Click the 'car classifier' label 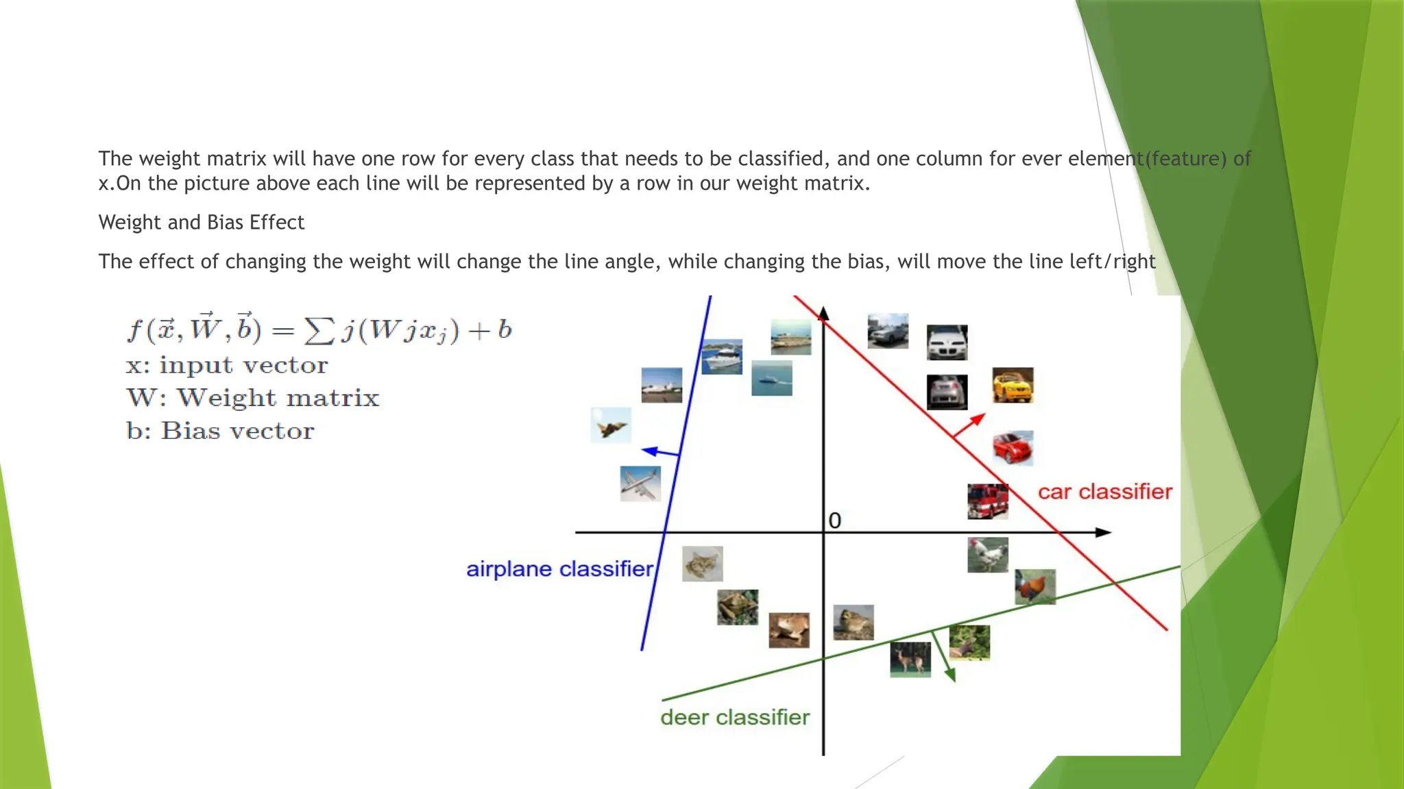(1104, 492)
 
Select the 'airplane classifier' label (559, 569)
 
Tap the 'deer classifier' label (734, 717)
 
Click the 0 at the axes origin (834, 521)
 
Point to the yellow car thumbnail (1013, 385)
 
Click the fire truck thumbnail (987, 501)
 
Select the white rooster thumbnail (987, 555)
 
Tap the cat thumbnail (702, 564)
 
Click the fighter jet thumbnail (611, 425)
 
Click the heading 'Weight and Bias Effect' (201, 223)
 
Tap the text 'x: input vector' (227, 366)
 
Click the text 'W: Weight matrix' (252, 398)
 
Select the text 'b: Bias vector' (220, 431)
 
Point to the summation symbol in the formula (319, 331)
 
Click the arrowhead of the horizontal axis (1102, 532)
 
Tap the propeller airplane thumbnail (640, 484)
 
